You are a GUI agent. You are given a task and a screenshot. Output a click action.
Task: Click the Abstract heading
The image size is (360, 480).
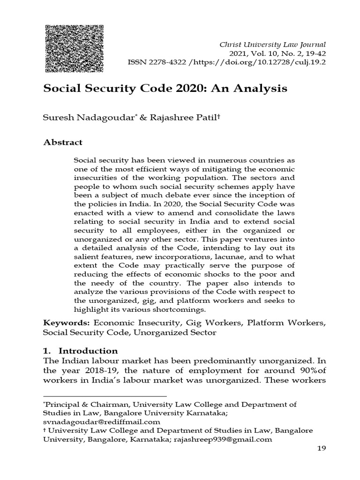pos(63,142)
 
